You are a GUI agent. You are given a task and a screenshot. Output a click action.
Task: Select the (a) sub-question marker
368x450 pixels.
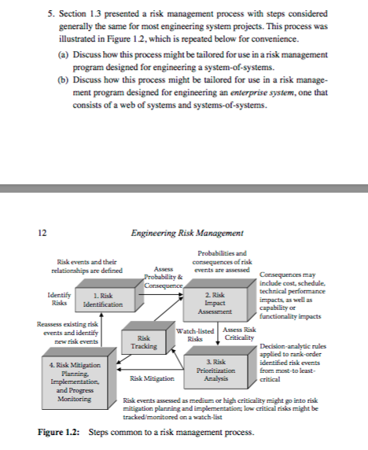point(64,53)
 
